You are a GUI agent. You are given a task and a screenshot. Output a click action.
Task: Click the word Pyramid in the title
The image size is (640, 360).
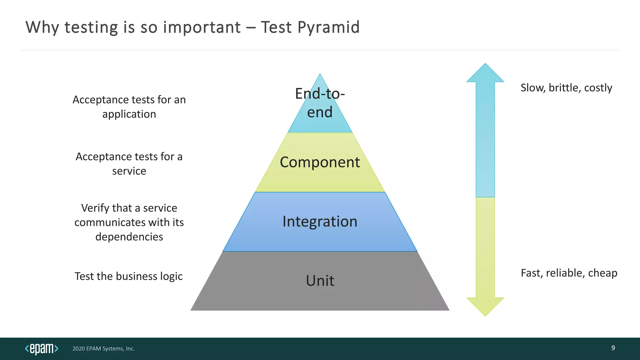[x=328, y=27]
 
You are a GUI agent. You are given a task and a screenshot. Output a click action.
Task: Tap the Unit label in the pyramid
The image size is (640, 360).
[x=320, y=281]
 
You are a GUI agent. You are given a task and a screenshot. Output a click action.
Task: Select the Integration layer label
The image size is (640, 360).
[x=320, y=222]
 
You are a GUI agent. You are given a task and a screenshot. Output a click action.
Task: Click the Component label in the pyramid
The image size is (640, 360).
[x=320, y=162]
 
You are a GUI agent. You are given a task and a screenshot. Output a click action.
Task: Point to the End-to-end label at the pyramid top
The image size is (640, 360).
[x=320, y=103]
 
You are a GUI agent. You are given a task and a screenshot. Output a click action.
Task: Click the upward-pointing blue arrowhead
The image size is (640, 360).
[x=485, y=74]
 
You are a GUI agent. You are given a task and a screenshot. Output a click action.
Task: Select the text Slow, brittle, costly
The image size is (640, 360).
[x=566, y=88]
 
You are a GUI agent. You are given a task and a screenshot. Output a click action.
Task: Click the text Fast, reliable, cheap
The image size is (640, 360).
[x=569, y=273]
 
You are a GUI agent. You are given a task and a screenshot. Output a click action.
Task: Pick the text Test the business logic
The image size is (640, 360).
[x=128, y=276]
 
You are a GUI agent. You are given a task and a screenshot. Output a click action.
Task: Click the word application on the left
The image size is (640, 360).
[x=129, y=114]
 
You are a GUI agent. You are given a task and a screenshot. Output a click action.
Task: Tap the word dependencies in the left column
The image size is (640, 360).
[x=129, y=237]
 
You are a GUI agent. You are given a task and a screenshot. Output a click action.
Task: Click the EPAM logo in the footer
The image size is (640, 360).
[x=42, y=348]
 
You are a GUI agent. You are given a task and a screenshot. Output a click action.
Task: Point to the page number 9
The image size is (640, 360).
[x=613, y=348]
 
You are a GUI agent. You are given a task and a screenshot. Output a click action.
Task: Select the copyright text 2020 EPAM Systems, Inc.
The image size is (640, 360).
[x=103, y=349]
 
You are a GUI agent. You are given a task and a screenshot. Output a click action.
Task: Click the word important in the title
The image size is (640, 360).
[x=202, y=27]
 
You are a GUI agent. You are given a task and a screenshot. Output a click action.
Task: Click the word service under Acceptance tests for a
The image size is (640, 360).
[x=129, y=171]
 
